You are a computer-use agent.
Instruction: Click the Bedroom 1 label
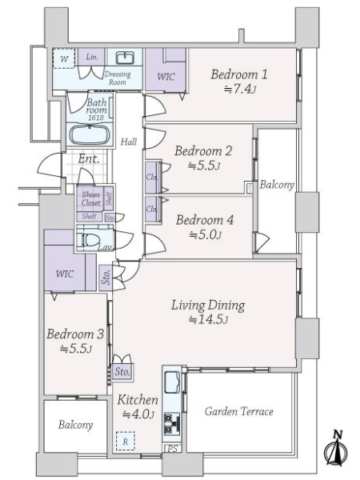[x=239, y=75]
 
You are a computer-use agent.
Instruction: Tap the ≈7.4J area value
[x=239, y=90]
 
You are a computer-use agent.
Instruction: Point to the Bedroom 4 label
[x=203, y=221]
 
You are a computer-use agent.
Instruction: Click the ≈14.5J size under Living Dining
[x=208, y=320]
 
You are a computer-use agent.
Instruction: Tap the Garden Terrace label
[x=239, y=411]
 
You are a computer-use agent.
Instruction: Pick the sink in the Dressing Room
[x=124, y=58]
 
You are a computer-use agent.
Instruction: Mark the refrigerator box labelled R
[x=125, y=439]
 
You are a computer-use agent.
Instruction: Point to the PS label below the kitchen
[x=170, y=448]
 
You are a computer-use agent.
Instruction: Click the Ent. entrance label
[x=89, y=158]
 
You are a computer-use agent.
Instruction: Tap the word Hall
[x=128, y=142]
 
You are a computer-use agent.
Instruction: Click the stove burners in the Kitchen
[x=170, y=422]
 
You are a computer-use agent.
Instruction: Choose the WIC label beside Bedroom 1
[x=166, y=77]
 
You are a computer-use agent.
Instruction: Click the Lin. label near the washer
[x=92, y=57]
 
